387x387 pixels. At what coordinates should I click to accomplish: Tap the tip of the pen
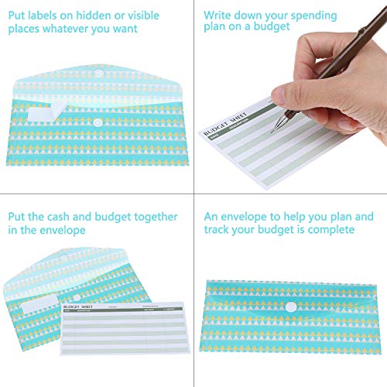(272, 132)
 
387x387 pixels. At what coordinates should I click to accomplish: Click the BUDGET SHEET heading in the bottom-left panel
(87, 307)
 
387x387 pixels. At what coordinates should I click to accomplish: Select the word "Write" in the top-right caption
(221, 15)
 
